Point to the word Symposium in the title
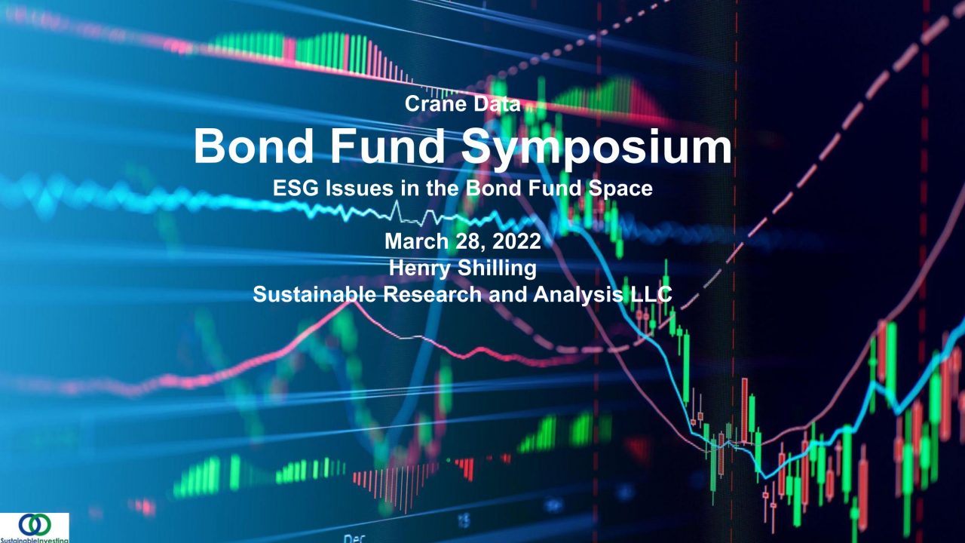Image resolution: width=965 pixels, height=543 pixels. [596, 148]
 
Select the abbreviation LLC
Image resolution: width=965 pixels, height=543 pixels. [650, 294]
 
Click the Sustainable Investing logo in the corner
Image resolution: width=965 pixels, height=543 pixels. [35, 528]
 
